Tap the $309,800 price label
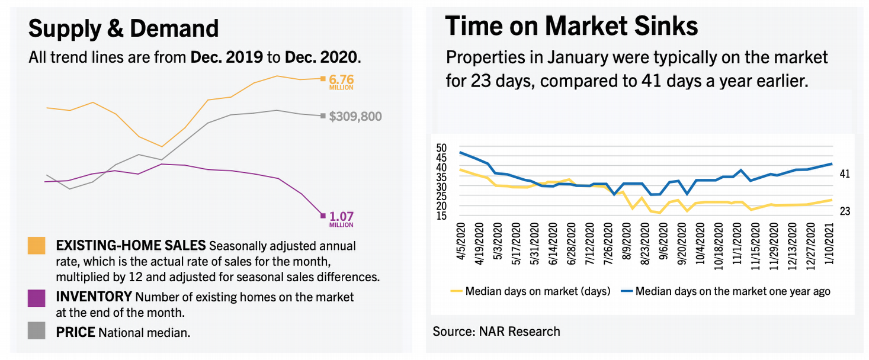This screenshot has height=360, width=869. point(355,117)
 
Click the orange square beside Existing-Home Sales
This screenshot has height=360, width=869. point(36,246)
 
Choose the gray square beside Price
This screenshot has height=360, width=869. point(36,332)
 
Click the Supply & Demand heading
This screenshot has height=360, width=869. point(124,28)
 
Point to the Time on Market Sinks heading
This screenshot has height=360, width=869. point(571,26)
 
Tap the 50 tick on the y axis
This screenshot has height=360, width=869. point(441,147)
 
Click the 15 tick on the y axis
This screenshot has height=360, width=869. point(441,216)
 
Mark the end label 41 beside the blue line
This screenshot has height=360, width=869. point(845,174)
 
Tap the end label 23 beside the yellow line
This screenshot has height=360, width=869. point(845,211)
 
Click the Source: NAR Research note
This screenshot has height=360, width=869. point(496,331)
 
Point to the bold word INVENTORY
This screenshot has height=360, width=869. point(94,296)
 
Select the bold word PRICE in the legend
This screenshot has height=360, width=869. point(75,332)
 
